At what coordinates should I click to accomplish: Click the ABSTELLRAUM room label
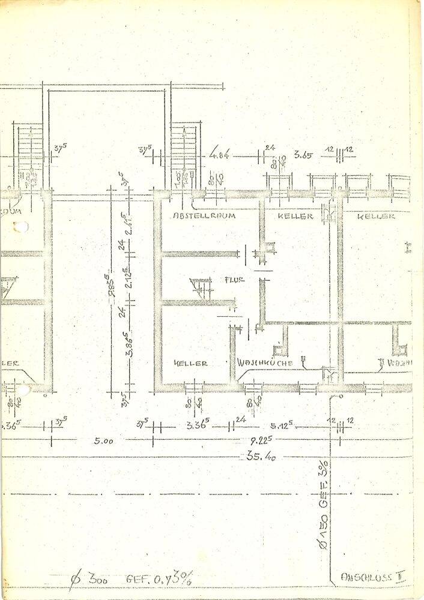coord(204,215)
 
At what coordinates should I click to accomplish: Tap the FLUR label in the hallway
coord(234,280)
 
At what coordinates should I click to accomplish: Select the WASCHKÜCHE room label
coord(264,363)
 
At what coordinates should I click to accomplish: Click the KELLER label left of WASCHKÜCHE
coord(190,363)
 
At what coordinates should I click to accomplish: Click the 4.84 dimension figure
coord(220,156)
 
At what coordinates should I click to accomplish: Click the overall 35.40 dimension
coord(261,457)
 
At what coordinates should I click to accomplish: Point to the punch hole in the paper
coord(21,227)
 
